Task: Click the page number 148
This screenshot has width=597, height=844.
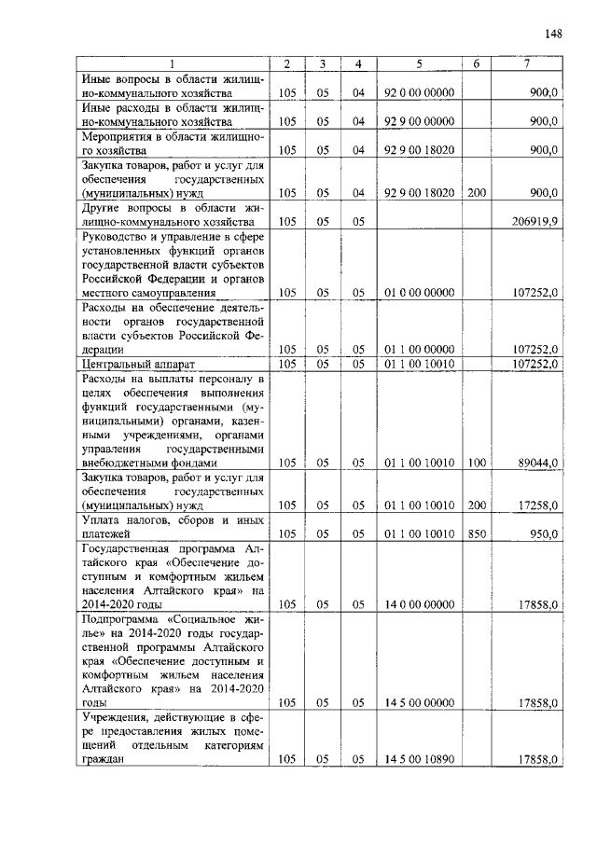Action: (x=552, y=35)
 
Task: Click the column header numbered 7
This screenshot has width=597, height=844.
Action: (x=528, y=63)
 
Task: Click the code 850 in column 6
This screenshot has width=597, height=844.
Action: (x=477, y=533)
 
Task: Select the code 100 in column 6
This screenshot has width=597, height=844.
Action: (x=477, y=462)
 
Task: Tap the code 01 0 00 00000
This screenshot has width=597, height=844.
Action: (x=419, y=293)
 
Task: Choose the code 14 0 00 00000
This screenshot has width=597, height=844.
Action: (x=419, y=604)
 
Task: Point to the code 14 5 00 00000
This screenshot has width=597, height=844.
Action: (x=419, y=702)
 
